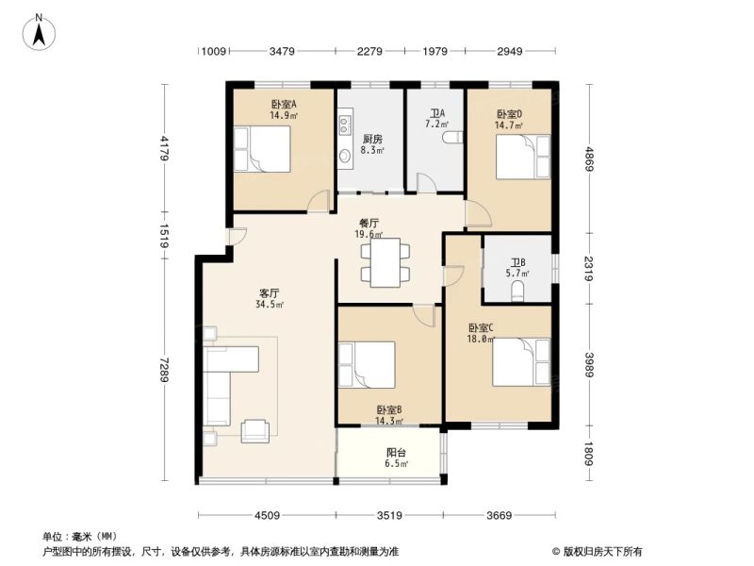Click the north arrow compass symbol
click(x=39, y=33)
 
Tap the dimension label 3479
click(x=282, y=51)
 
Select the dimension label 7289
click(x=164, y=370)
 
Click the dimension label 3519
click(x=389, y=516)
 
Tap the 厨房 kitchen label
click(x=372, y=140)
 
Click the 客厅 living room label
click(x=270, y=293)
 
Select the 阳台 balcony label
click(x=396, y=453)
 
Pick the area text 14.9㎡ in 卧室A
click(x=284, y=115)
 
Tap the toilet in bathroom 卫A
click(x=452, y=137)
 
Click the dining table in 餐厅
click(x=385, y=263)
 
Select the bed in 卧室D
click(x=523, y=157)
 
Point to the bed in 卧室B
click(x=367, y=364)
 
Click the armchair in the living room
click(x=254, y=431)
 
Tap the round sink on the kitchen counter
click(x=345, y=156)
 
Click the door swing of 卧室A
click(x=320, y=201)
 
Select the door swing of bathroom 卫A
click(x=427, y=183)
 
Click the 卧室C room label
click(x=481, y=328)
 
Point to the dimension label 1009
click(x=214, y=51)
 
